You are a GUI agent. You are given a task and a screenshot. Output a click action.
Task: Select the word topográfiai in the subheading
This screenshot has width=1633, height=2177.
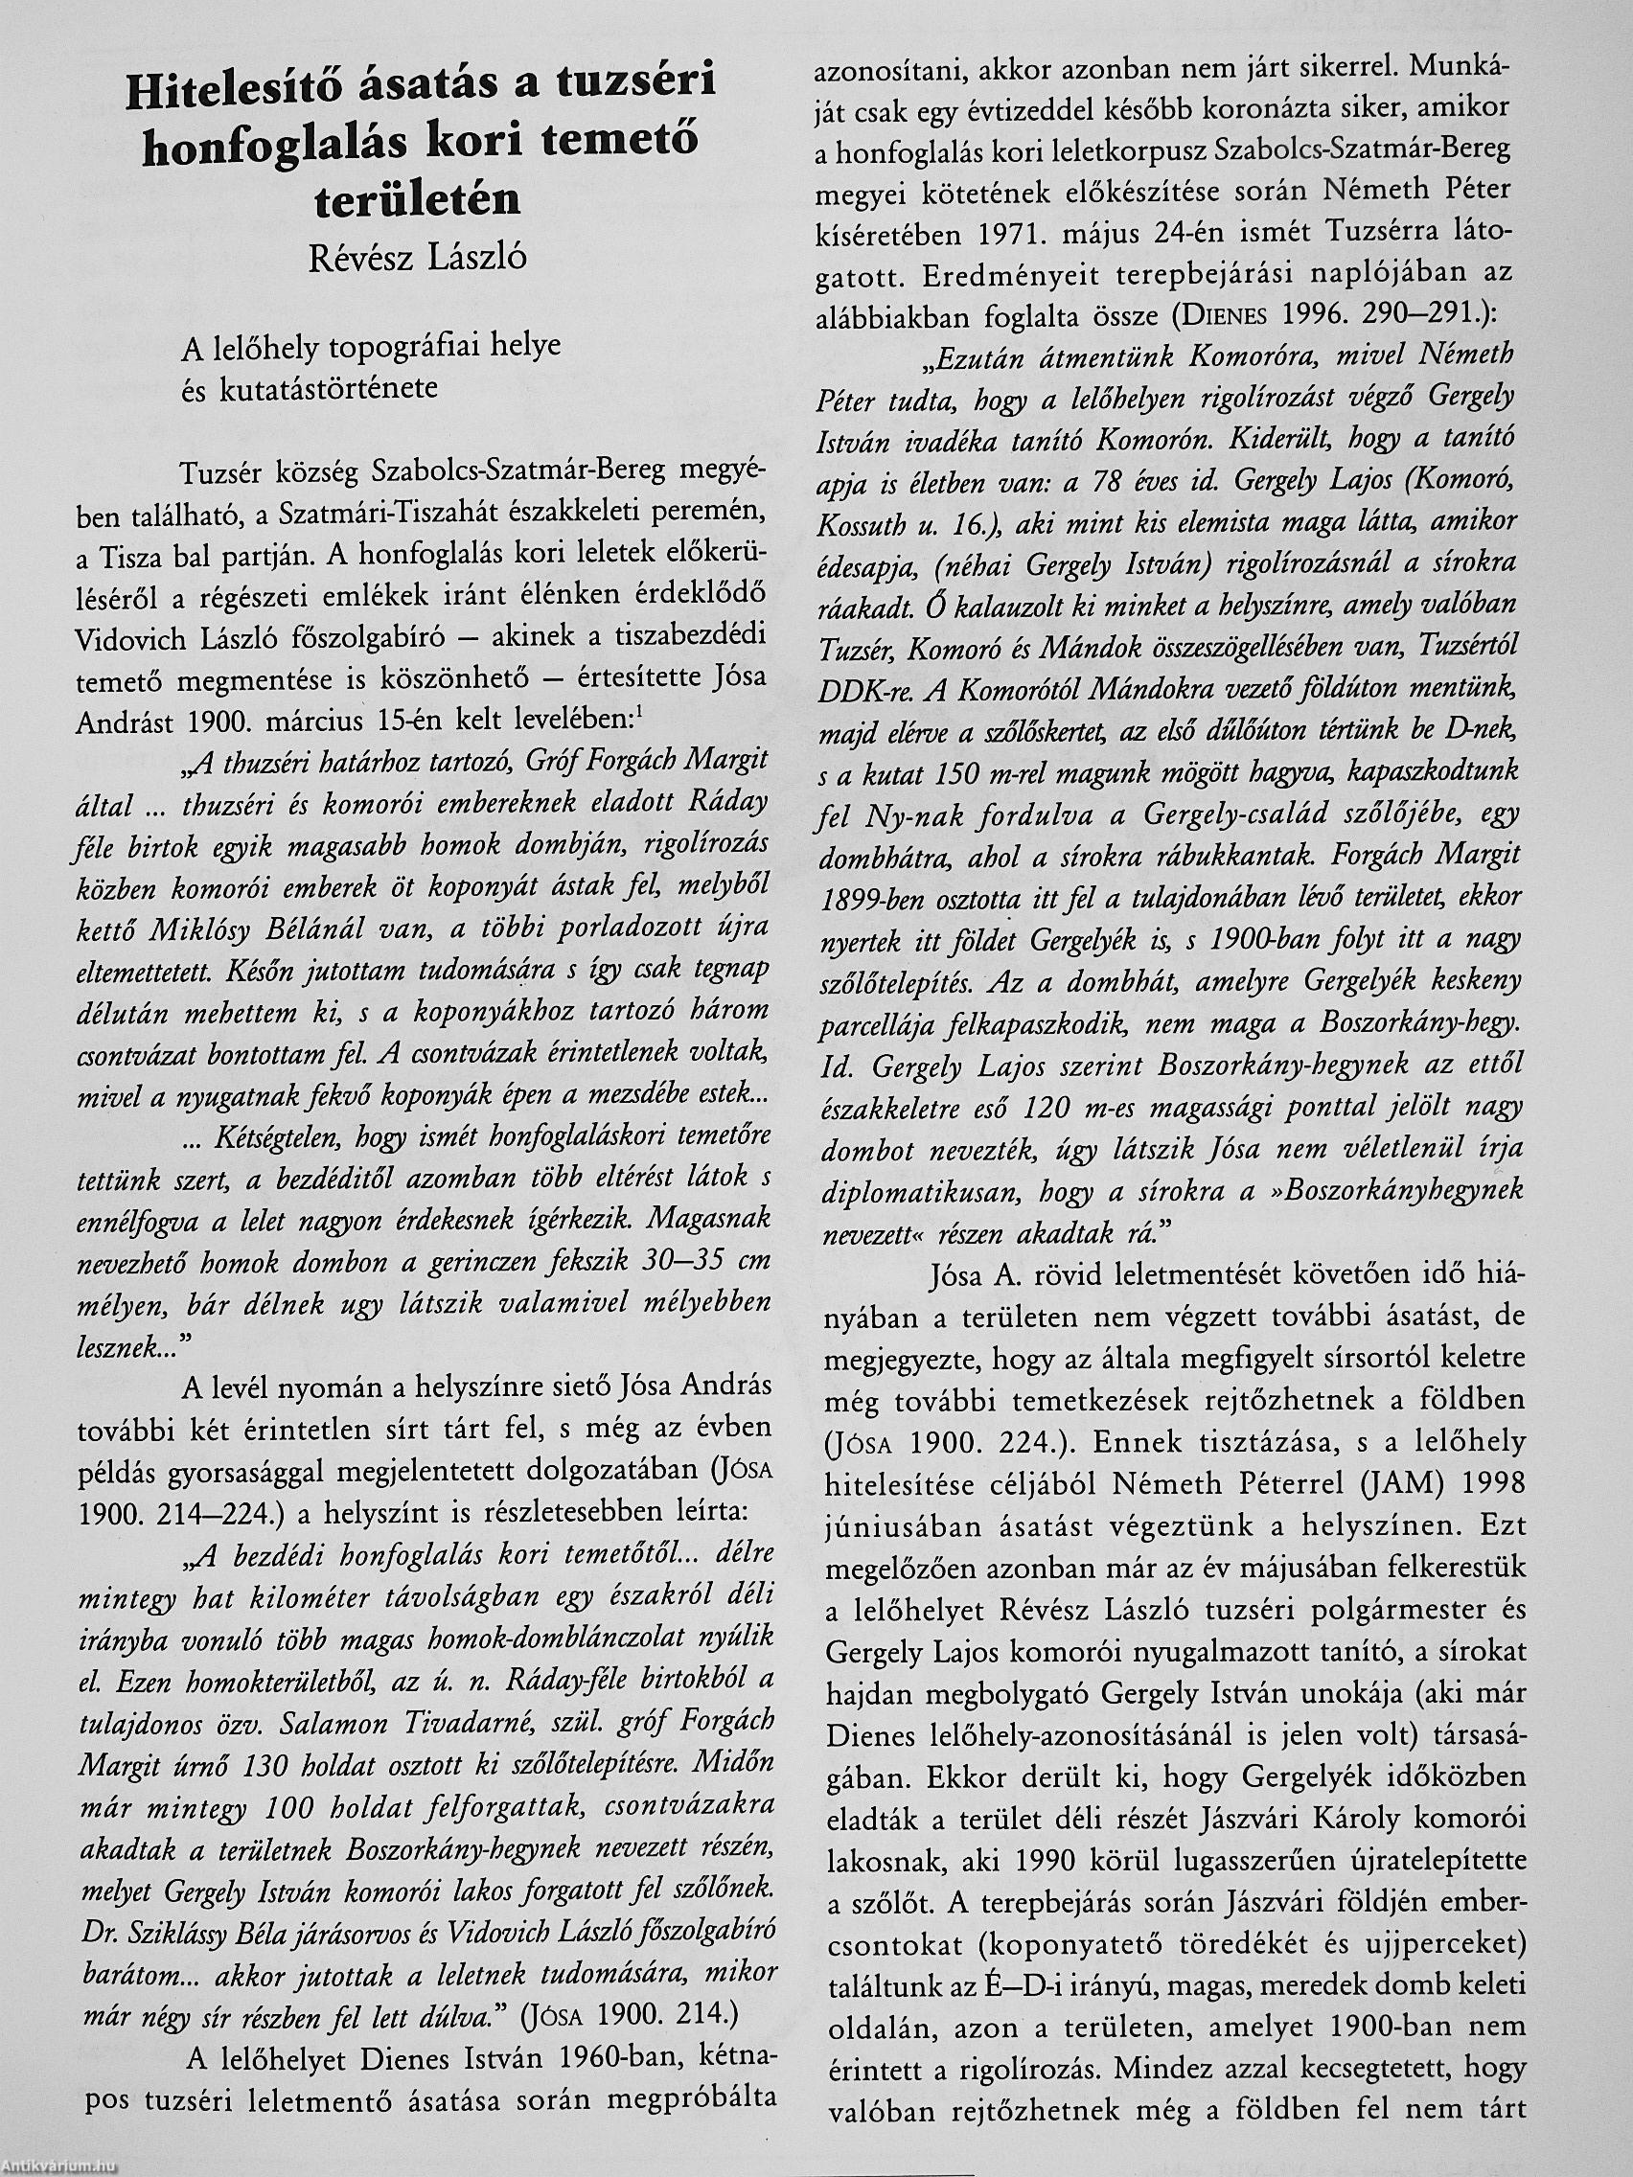click(x=390, y=348)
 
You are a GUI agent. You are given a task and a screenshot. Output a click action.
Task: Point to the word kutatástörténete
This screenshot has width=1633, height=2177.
click(x=325, y=388)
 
